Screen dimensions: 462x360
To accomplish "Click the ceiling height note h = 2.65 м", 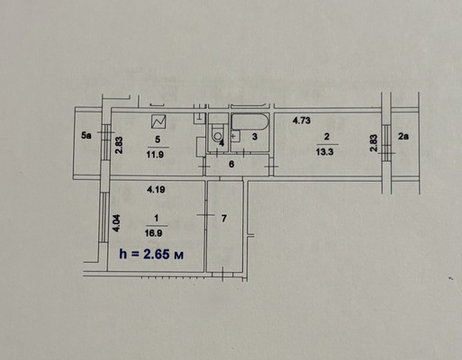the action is point(151,255).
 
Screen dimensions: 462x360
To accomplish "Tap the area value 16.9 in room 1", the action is point(154,233).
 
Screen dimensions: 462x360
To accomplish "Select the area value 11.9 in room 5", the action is point(155,155).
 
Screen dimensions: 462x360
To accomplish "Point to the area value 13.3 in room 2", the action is point(324,152).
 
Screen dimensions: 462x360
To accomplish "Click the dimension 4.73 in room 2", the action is point(302,121).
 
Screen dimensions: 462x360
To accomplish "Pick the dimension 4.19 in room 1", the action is point(156,190).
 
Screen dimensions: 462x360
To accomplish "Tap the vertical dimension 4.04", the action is point(116,223).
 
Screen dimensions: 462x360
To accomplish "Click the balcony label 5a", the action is point(86,136).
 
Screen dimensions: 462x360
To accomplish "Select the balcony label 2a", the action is point(403,137).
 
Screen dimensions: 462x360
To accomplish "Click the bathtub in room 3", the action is point(249,122).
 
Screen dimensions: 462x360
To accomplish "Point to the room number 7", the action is point(224,219).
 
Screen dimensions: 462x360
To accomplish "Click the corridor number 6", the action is point(231,165).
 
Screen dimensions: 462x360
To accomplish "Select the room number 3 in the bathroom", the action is point(255,137).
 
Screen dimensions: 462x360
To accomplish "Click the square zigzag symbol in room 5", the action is point(159,121).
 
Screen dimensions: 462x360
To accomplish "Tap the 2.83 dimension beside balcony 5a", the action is point(119,145).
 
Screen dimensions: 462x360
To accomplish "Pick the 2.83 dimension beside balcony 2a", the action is point(373,143).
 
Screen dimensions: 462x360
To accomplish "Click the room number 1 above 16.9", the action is point(156,218).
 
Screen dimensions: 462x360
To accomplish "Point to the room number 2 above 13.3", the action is point(327,137).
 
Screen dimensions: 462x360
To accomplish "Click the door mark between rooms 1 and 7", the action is point(205,215).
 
